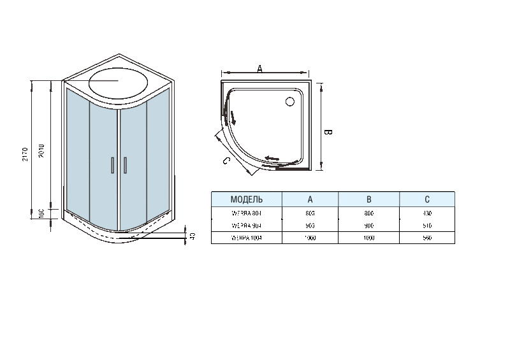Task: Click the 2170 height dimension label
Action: tap(25, 155)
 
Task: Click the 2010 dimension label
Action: tap(41, 150)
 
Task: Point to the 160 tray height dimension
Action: tap(41, 212)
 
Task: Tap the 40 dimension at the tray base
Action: tap(193, 236)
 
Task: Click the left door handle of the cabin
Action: tap(112, 164)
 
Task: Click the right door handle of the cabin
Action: tap(126, 164)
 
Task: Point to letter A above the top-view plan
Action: tap(259, 68)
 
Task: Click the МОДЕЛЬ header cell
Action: tap(246, 199)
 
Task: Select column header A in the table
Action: tap(310, 199)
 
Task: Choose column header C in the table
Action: tap(427, 199)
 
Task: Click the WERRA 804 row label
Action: tap(246, 213)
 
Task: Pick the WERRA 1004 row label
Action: tap(246, 238)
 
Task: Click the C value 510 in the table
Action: tap(427, 226)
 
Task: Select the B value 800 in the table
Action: tap(368, 213)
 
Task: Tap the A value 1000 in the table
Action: tap(310, 238)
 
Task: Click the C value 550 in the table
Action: tap(427, 238)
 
